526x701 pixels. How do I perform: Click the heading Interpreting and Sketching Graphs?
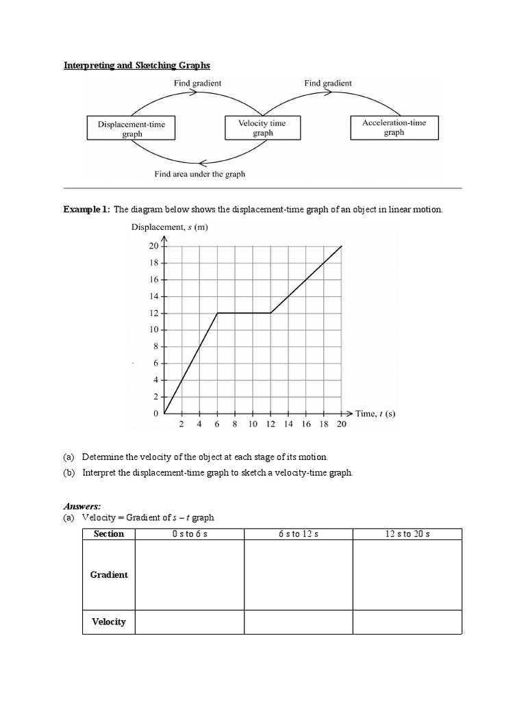pyautogui.click(x=137, y=66)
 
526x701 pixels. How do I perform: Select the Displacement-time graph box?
pyautogui.click(x=131, y=129)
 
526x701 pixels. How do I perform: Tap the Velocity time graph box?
pyautogui.click(x=262, y=128)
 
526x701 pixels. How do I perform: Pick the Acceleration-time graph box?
pyautogui.click(x=393, y=127)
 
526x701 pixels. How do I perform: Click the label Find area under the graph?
pyautogui.click(x=200, y=174)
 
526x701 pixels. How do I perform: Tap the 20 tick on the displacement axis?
pyautogui.click(x=153, y=246)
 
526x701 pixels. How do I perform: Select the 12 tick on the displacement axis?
pyautogui.click(x=153, y=314)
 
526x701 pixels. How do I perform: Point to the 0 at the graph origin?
pyautogui.click(x=156, y=413)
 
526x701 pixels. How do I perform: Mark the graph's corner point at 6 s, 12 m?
pyautogui.click(x=217, y=314)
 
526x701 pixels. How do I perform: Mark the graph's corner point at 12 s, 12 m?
pyautogui.click(x=271, y=314)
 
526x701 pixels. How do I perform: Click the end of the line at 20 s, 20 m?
pyautogui.click(x=342, y=246)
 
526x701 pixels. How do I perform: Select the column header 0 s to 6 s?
pyautogui.click(x=190, y=534)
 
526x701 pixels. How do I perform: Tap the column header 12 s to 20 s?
pyautogui.click(x=408, y=534)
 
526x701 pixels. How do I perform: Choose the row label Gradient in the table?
pyautogui.click(x=109, y=575)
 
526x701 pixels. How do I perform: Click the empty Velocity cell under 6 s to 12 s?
pyautogui.click(x=299, y=622)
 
